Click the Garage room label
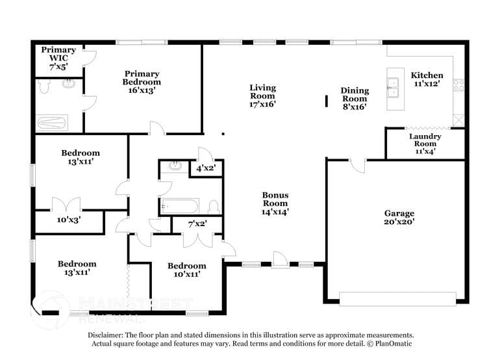(399, 217)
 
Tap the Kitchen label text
(427, 79)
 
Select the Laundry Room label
(425, 144)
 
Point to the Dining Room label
(355, 99)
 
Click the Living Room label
(262, 96)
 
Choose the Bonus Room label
(275, 203)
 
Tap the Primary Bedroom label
(142, 82)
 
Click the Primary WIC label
(58, 54)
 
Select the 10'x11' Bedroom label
(186, 270)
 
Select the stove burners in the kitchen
(458, 84)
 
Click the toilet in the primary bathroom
(44, 85)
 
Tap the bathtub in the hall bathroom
(179, 207)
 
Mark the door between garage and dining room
(356, 166)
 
